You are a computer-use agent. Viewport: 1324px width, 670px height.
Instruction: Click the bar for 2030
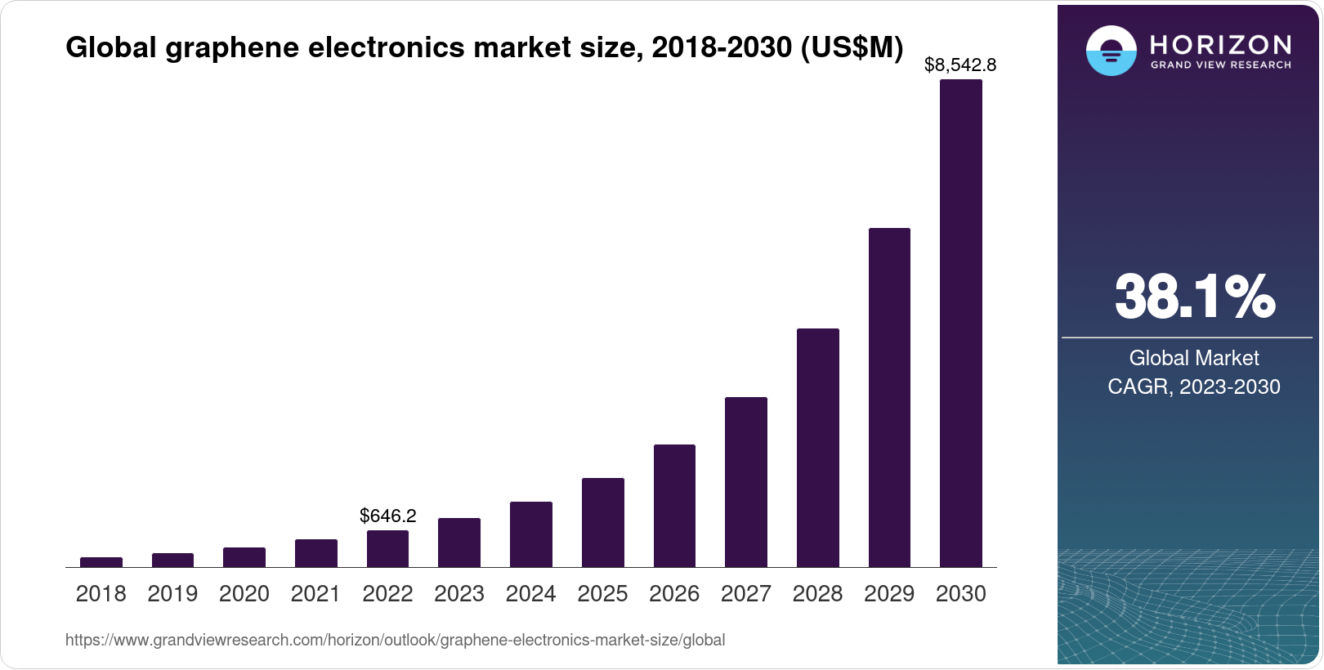click(961, 323)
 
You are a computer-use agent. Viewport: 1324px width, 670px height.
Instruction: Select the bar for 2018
click(101, 562)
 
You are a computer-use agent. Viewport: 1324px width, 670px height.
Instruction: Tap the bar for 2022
click(387, 548)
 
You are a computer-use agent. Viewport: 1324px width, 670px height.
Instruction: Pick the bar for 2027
click(746, 482)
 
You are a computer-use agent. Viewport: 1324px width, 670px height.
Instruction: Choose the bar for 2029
click(889, 397)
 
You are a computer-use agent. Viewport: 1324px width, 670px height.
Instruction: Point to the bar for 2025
click(603, 522)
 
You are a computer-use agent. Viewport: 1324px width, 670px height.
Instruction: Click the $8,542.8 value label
click(960, 65)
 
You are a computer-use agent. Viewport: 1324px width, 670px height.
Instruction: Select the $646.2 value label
click(388, 516)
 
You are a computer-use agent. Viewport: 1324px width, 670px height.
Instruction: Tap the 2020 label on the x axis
click(244, 594)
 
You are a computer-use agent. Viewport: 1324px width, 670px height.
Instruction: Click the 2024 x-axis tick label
click(531, 594)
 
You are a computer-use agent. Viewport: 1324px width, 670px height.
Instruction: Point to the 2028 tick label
click(817, 594)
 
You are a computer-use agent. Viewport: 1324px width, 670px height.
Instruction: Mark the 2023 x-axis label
click(459, 594)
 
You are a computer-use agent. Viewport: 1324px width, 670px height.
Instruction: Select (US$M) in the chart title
click(852, 47)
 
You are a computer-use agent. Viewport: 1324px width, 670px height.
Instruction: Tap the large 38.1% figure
click(1194, 297)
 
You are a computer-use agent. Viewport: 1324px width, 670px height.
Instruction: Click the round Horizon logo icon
click(1111, 51)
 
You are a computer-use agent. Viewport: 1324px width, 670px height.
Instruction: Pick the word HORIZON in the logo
click(1221, 44)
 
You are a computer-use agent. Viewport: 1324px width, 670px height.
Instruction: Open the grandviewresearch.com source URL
click(395, 640)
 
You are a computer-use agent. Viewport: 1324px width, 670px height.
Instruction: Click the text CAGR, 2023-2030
click(1194, 386)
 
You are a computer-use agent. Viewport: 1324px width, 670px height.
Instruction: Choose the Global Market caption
click(1194, 358)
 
